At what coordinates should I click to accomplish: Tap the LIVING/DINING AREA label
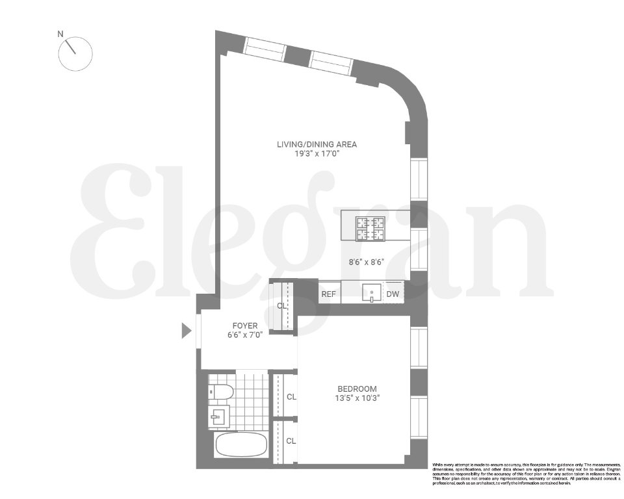317,144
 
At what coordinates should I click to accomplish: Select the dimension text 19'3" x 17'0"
317,155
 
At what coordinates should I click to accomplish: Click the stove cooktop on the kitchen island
370,229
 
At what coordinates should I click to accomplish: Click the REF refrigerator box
329,294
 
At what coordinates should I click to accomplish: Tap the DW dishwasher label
393,294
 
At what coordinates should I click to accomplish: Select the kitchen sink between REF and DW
370,294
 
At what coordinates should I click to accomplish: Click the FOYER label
245,326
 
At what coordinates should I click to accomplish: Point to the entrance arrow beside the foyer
186,331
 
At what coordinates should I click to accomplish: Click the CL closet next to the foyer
282,305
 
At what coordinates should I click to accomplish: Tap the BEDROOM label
353,389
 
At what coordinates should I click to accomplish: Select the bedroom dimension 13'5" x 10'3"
353,399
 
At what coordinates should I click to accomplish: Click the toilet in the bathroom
222,392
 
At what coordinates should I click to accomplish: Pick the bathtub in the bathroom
240,446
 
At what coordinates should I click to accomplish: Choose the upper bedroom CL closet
291,396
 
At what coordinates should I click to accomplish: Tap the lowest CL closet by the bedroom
291,441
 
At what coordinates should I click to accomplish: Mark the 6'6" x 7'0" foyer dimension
245,336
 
